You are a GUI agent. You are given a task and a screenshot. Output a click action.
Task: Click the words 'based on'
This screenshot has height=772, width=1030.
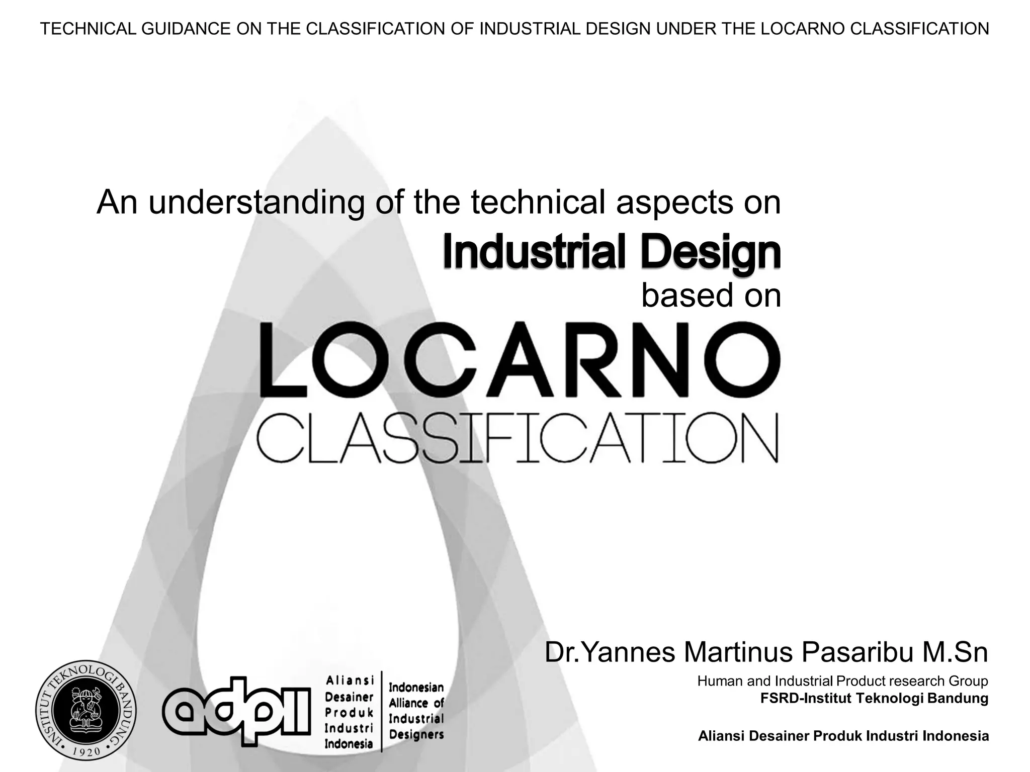click(x=711, y=296)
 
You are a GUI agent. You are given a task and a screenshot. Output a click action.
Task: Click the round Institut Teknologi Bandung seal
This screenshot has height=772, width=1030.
click(x=86, y=710)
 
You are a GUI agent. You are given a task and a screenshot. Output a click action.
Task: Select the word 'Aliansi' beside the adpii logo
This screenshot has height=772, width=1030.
click(x=350, y=681)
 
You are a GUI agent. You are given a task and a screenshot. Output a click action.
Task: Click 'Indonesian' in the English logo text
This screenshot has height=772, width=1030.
click(x=416, y=687)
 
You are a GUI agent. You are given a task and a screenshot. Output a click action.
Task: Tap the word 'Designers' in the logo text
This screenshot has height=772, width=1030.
click(x=416, y=735)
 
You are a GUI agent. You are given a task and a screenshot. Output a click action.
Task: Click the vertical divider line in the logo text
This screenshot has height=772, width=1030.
click(x=382, y=711)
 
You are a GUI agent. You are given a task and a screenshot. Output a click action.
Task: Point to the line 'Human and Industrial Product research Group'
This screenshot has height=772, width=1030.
click(x=842, y=681)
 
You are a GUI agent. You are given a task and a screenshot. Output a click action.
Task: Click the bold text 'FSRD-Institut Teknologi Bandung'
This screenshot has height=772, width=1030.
click(x=874, y=698)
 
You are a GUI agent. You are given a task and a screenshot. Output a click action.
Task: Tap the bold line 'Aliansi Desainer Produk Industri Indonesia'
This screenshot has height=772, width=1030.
click(x=843, y=736)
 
